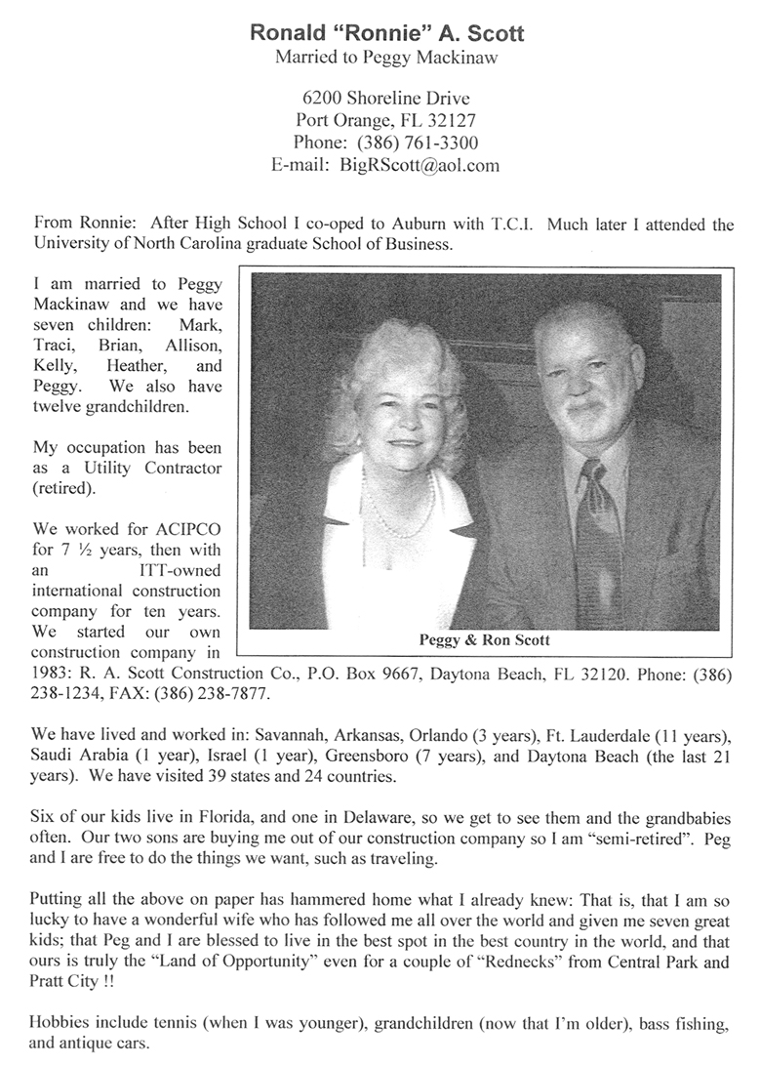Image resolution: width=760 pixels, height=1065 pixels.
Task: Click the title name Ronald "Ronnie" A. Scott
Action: pos(387,33)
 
